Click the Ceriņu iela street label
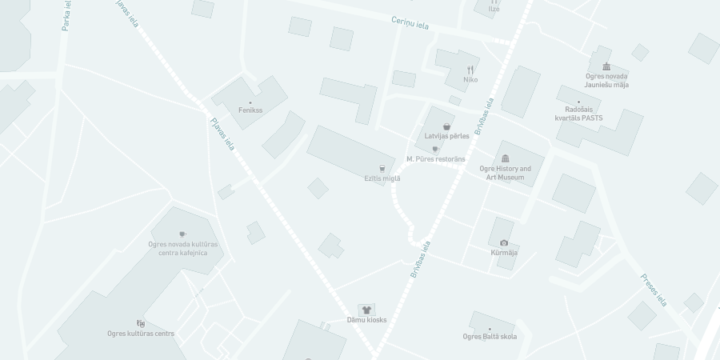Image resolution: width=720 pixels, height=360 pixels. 410,23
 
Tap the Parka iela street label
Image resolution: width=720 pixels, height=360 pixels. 66,15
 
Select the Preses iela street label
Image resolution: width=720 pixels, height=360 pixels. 654,290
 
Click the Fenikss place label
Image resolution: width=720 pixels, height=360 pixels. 250,110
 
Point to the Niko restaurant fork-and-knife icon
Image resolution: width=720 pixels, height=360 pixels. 470,70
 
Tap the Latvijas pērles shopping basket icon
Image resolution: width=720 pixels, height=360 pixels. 447,126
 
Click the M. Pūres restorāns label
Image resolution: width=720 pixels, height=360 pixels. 435,159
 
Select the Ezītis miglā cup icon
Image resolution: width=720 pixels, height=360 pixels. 382,168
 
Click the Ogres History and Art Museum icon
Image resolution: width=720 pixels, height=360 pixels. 505,158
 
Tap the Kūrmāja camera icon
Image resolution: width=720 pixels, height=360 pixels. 504,242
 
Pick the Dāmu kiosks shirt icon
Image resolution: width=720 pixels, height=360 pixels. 366,310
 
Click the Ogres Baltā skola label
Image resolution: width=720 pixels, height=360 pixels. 490,336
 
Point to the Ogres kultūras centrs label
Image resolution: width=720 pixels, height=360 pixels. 141,334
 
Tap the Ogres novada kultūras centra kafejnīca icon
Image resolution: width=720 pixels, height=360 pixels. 182,234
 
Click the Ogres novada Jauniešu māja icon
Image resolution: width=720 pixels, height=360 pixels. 606,66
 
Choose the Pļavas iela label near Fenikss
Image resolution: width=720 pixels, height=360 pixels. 222,134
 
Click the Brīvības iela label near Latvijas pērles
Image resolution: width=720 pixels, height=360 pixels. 484,116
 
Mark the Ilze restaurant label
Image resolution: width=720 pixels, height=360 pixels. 494,9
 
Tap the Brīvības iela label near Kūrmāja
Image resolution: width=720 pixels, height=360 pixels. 421,259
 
